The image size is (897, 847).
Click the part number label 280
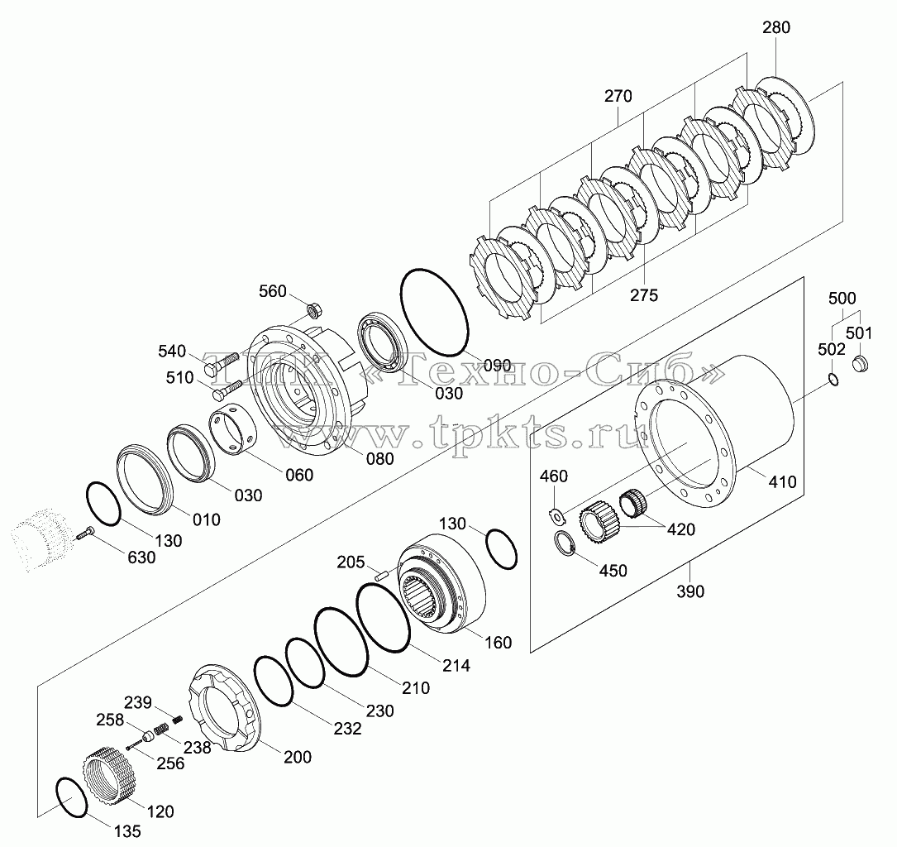tap(776, 27)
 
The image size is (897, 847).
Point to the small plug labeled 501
tap(861, 363)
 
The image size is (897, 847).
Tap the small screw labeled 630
tap(84, 534)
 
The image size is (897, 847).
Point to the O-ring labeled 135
tap(71, 797)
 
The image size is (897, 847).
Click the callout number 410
tap(782, 482)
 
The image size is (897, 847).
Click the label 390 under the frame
tap(690, 591)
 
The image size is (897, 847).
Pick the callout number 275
tap(644, 295)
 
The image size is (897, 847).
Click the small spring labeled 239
tap(178, 718)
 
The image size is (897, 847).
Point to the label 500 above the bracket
tap(842, 298)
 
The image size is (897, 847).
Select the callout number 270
tap(618, 96)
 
